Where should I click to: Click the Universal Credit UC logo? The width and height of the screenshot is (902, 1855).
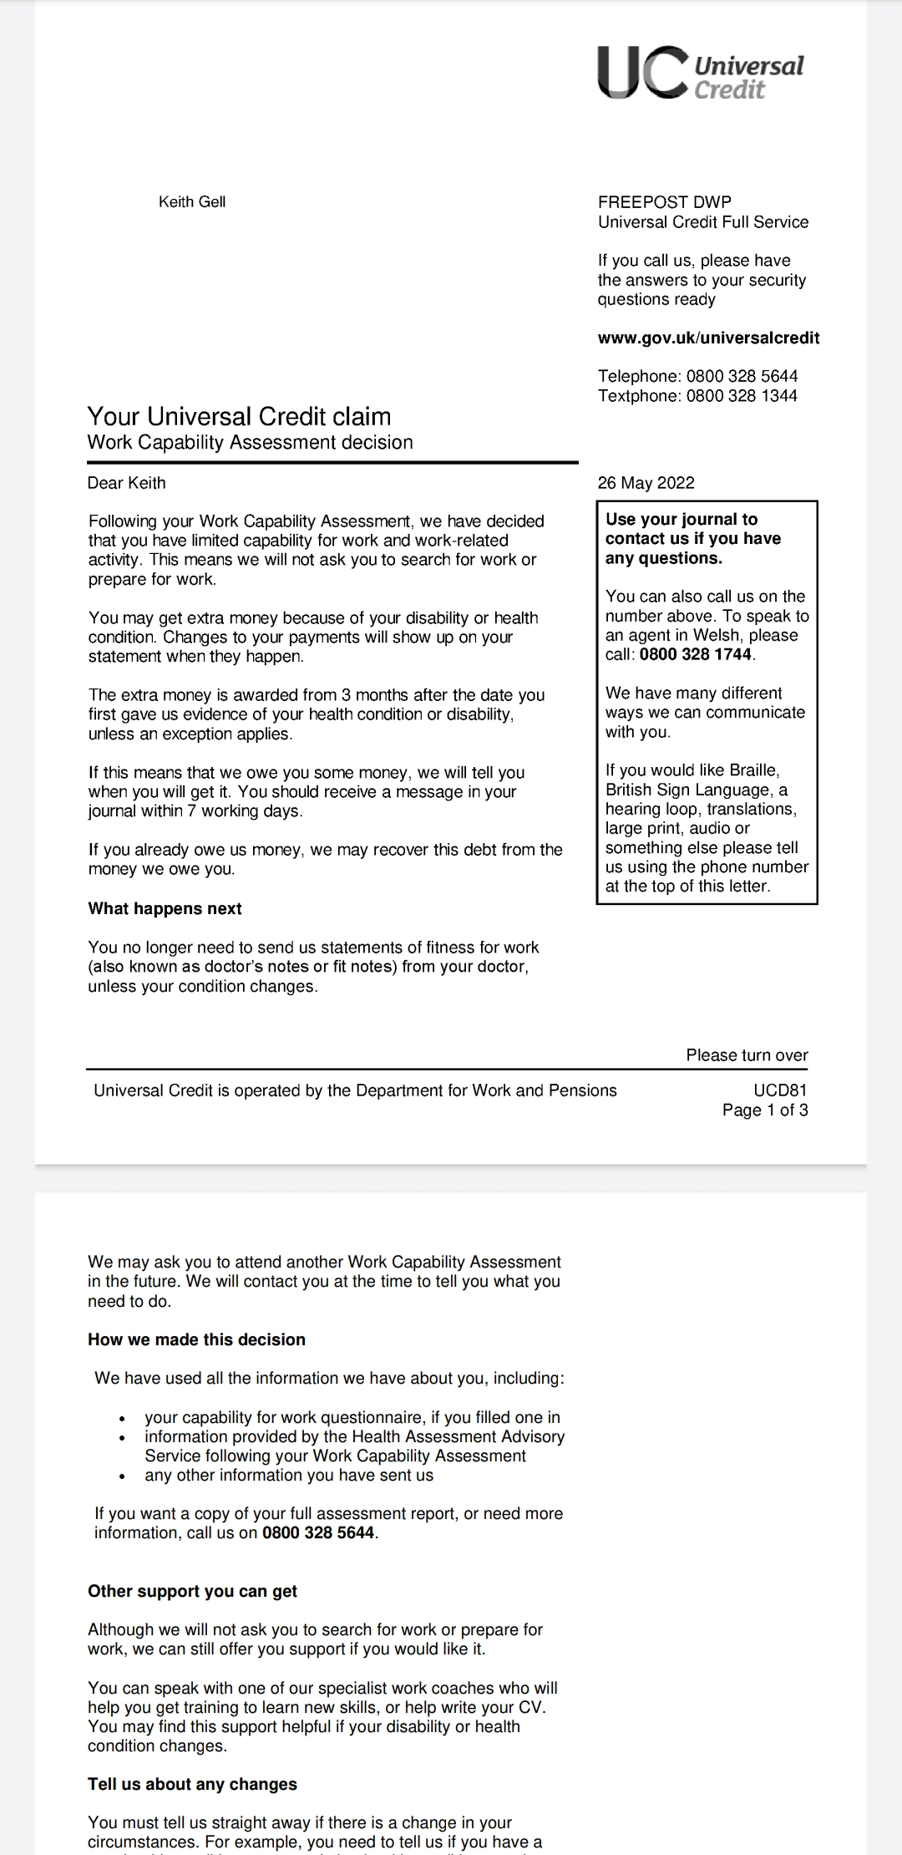point(700,73)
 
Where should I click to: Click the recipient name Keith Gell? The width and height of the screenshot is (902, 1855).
point(192,202)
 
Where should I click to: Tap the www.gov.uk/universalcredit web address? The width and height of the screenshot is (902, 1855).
point(708,338)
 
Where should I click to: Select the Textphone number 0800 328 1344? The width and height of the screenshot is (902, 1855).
point(742,396)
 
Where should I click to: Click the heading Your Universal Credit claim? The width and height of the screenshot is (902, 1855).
point(239,416)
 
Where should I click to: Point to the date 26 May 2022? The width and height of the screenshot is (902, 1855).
point(646,483)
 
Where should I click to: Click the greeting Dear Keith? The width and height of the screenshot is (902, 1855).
point(127,483)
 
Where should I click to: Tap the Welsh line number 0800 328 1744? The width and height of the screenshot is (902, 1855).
point(696,654)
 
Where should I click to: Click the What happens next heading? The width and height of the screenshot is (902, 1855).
point(165,908)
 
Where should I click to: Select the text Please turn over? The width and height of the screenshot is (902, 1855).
point(747,1055)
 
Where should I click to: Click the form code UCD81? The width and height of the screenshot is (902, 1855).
point(780,1090)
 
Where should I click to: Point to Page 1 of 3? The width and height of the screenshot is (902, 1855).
point(765,1110)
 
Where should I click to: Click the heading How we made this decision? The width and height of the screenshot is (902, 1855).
point(196,1339)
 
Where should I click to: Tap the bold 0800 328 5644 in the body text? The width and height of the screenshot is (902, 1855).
point(318,1533)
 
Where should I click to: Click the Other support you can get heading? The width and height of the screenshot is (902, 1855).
point(192,1591)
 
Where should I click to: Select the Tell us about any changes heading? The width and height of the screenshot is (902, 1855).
point(192,1784)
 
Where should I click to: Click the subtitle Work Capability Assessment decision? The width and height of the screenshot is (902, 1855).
point(250,443)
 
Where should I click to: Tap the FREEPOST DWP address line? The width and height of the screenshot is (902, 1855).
point(664,202)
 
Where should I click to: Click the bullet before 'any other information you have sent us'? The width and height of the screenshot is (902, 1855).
point(123,1476)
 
